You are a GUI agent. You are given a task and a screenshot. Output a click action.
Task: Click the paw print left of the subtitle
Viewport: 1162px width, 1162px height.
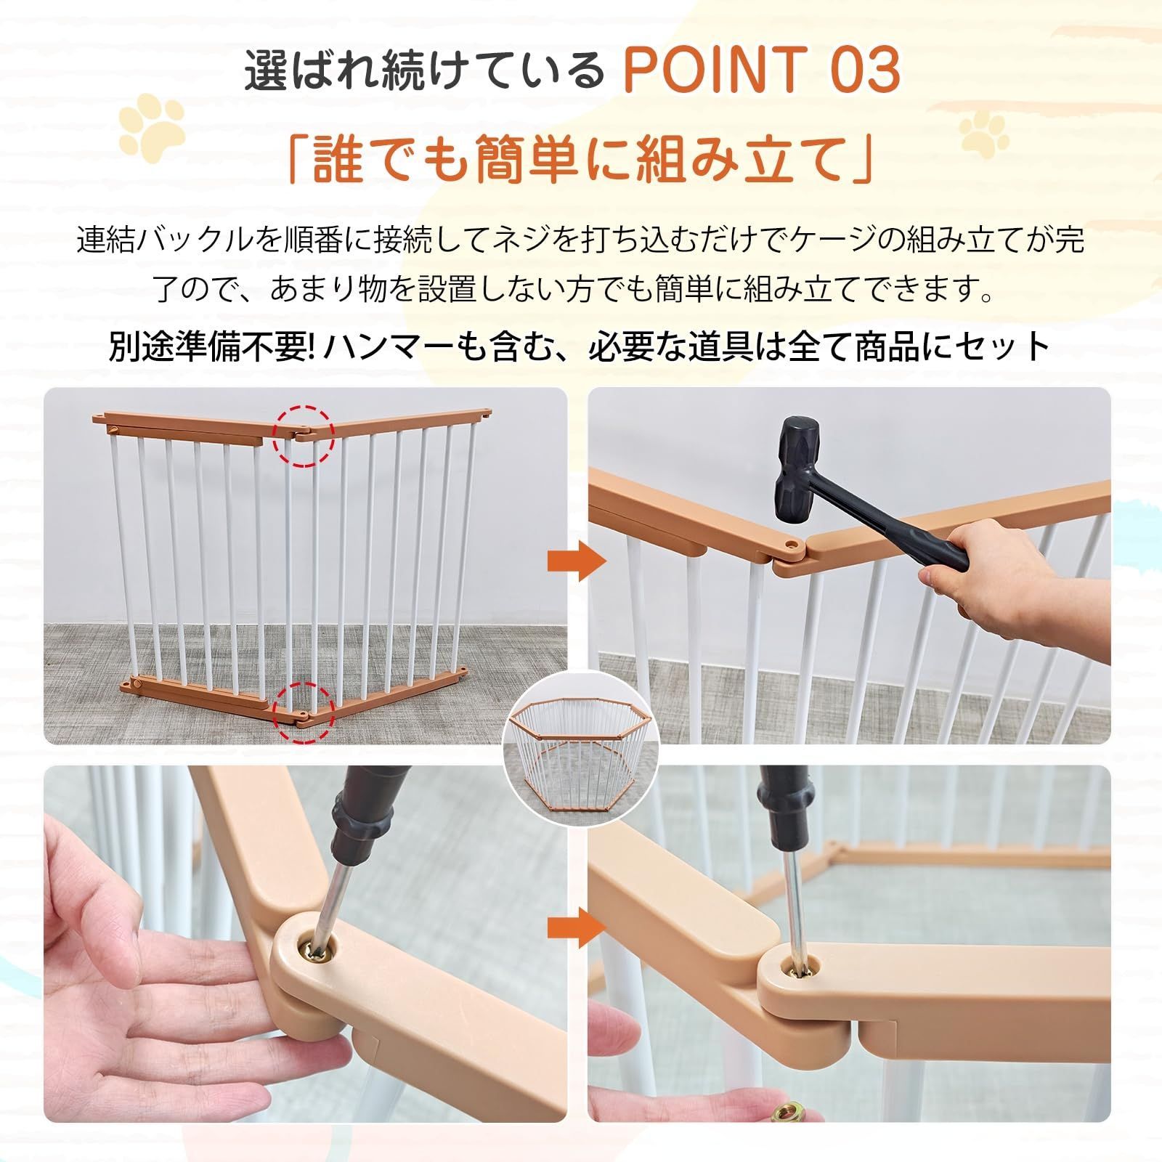point(152,122)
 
